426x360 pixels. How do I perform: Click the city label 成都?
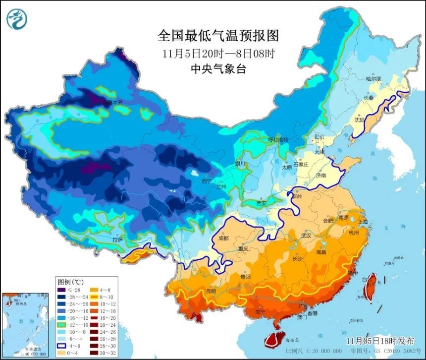pos(223,238)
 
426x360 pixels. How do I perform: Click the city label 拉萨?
pos(117,240)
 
